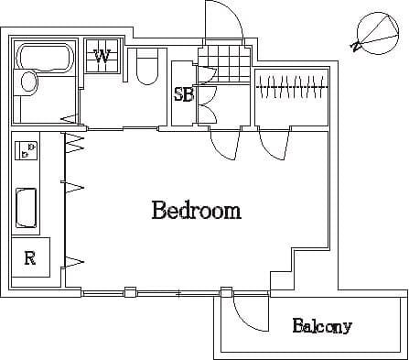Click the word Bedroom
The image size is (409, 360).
[196, 211]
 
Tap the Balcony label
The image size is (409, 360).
[322, 326]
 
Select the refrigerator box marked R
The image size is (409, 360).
[30, 257]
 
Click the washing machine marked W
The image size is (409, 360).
[102, 57]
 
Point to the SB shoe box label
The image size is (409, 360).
[182, 93]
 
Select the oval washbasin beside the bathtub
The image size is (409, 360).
[29, 83]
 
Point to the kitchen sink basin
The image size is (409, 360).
[27, 210]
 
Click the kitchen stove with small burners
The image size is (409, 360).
[27, 149]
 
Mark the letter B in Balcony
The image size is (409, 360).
[298, 325]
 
